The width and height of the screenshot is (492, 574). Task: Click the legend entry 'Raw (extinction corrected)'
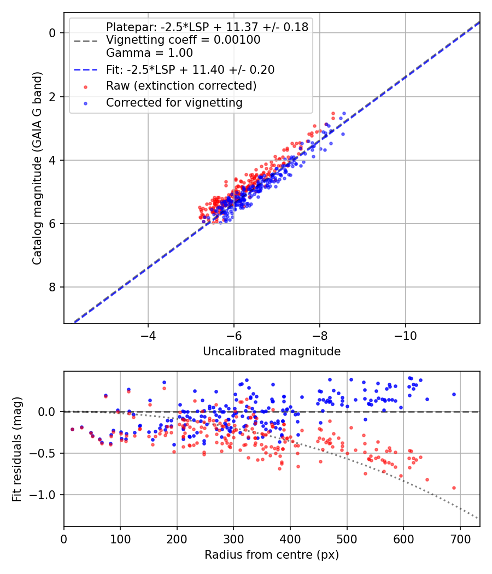coord(181,86)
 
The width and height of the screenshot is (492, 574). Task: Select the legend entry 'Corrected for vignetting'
coord(174,102)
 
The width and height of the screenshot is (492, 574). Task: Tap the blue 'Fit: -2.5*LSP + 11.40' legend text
coord(190,69)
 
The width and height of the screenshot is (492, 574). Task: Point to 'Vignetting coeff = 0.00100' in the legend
coord(183,40)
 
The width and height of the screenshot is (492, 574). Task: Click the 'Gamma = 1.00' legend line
coord(149,53)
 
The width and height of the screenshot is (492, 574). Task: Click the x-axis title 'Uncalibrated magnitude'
coord(272,352)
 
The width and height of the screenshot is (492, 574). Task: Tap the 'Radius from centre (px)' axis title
coord(272,555)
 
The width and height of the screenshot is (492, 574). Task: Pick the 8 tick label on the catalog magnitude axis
coord(52,287)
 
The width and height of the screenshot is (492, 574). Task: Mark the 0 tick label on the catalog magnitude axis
coord(52,33)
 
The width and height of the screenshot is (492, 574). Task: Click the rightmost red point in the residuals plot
coord(454,488)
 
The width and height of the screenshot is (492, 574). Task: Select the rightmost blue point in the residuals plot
coord(454,394)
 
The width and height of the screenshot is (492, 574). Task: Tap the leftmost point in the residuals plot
coord(72,430)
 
